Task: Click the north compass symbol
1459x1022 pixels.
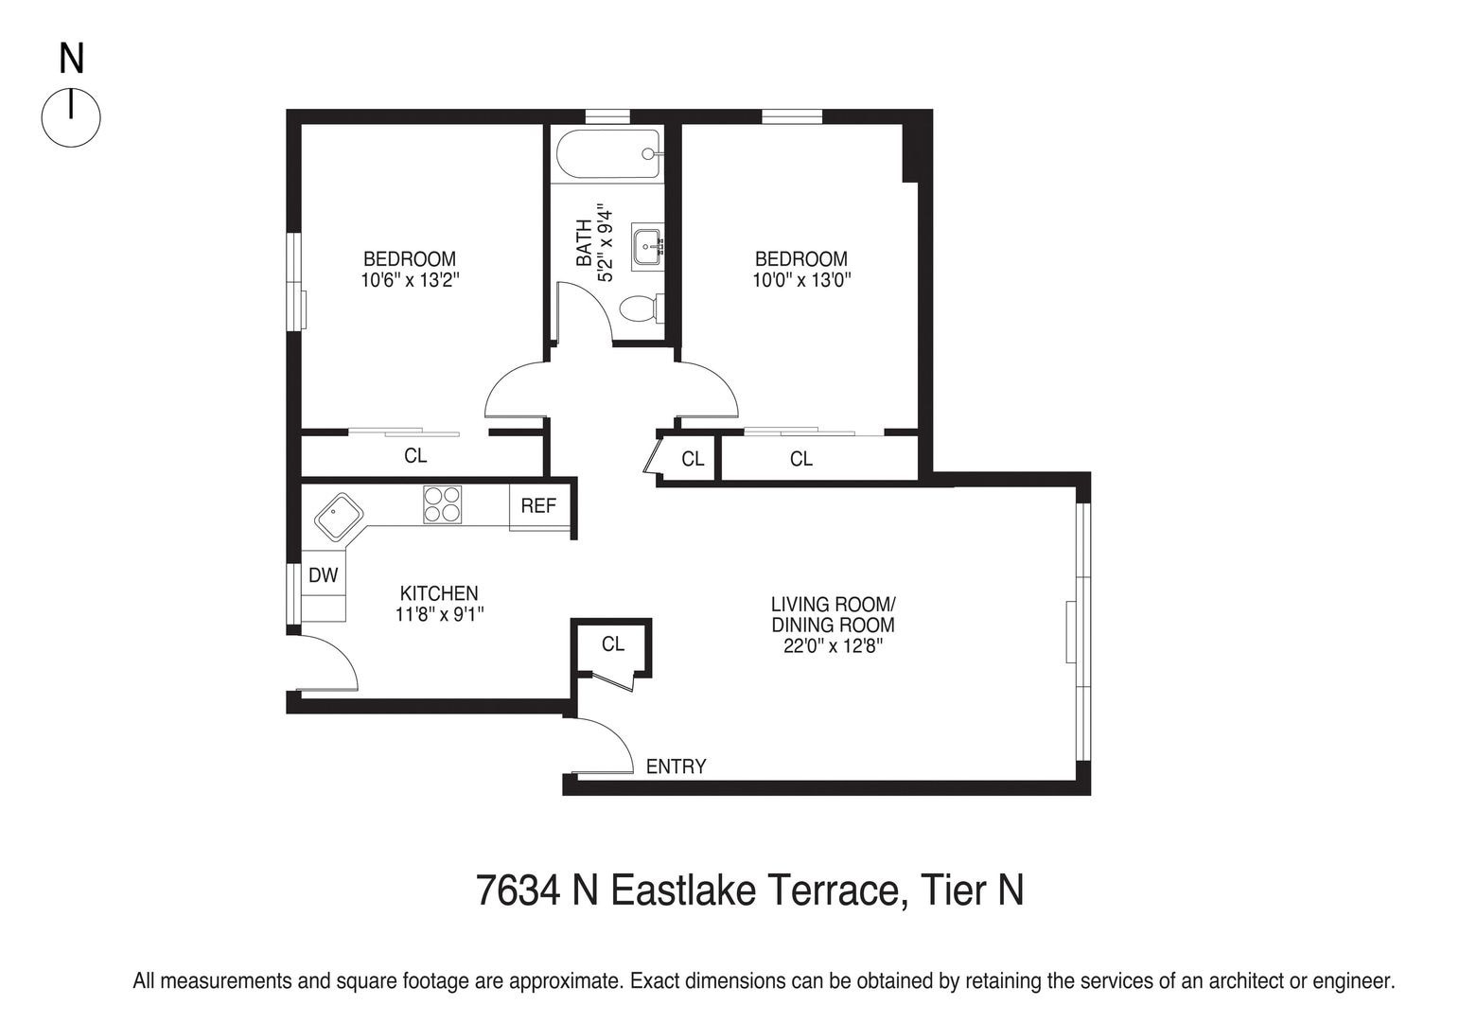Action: click(71, 117)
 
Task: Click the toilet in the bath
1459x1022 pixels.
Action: click(640, 308)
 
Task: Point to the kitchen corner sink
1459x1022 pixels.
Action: click(339, 518)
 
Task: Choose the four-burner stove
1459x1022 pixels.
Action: click(443, 504)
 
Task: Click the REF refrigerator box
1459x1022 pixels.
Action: click(538, 505)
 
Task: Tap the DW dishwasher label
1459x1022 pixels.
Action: click(324, 575)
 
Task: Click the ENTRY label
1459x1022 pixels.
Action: click(676, 766)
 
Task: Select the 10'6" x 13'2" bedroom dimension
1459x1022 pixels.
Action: click(410, 280)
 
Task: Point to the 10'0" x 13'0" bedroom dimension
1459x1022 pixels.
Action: click(800, 280)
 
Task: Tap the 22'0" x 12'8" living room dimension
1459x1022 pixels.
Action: click(833, 646)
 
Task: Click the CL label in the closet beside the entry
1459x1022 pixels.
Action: click(613, 643)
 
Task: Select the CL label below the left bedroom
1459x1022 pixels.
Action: click(415, 455)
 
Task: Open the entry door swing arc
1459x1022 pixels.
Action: click(606, 747)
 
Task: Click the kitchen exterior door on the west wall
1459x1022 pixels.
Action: click(326, 662)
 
